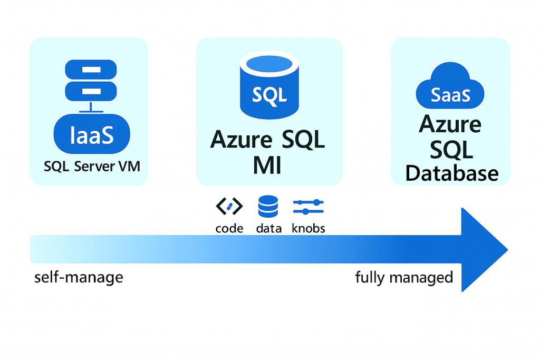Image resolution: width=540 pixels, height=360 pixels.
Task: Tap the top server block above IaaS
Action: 90,69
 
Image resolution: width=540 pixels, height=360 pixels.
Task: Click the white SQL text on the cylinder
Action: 269,95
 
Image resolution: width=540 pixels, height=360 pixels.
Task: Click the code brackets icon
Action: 229,207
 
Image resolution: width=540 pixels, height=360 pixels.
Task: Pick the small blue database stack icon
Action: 268,206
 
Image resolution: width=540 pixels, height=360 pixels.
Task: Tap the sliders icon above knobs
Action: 308,206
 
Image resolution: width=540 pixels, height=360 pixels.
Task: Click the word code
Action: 229,228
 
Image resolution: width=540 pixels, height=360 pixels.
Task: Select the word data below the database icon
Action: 268,228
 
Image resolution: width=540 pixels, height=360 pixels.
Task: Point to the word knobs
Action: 308,228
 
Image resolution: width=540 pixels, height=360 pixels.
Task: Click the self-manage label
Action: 79,277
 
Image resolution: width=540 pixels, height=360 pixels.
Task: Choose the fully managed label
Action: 404,277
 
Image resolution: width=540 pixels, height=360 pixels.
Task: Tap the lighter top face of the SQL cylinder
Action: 269,64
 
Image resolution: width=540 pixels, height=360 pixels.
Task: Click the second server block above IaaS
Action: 90,91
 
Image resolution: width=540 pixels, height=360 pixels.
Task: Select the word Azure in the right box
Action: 450,125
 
